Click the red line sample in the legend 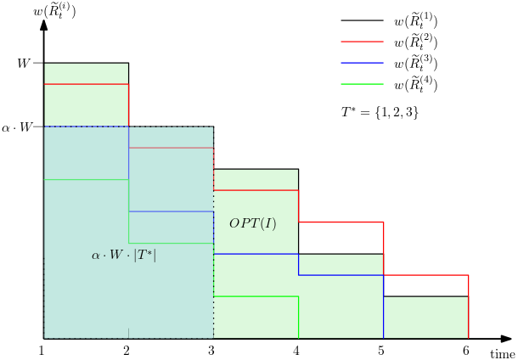click(362, 42)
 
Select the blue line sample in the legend click(362, 63)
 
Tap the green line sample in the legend click(362, 84)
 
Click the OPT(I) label click(252, 224)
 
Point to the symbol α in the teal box click(96, 256)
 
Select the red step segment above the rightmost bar click(425, 275)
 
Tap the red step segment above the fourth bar click(341, 222)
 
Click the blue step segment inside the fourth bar click(341, 275)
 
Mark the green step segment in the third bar click(256, 296)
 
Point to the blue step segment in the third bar click(256, 254)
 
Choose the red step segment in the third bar click(256, 190)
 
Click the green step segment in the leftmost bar click(86, 179)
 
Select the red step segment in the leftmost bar click(86, 84)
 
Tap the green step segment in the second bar click(171, 243)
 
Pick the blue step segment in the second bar click(171, 211)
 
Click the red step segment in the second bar click(171, 148)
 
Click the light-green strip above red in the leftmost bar click(86, 74)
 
